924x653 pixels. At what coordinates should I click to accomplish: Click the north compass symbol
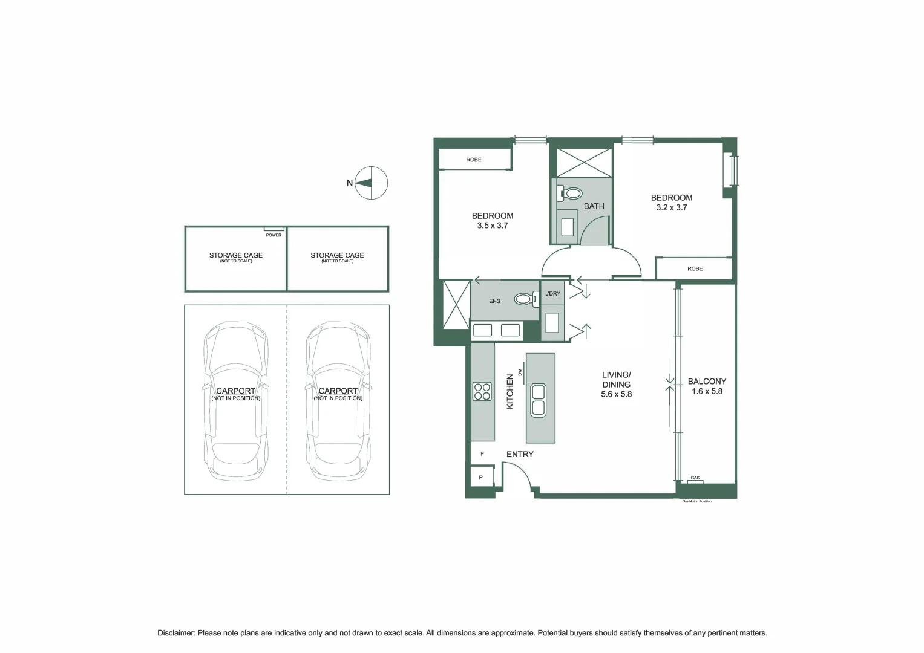coord(372,183)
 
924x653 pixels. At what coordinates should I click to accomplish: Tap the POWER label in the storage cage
coord(274,235)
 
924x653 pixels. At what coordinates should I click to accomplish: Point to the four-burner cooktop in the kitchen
coord(482,391)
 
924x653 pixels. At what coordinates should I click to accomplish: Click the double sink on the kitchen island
coord(539,400)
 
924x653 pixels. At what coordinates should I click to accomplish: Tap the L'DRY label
coord(552,293)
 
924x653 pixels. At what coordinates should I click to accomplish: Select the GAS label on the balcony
coord(695,478)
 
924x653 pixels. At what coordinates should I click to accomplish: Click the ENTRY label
coord(520,454)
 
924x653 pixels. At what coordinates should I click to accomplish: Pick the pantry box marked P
coord(482,478)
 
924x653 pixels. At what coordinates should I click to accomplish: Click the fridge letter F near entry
coord(482,454)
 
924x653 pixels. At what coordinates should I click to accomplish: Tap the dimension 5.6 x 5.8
coord(616,394)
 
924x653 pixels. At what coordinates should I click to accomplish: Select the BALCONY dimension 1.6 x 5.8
coord(707,391)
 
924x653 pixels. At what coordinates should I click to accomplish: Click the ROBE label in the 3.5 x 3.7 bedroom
coord(474,160)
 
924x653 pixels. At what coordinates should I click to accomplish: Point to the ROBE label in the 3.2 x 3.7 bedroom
coord(695,268)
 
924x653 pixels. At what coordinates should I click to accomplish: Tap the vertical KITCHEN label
coord(510,391)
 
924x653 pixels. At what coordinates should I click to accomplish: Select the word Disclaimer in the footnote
coord(176,633)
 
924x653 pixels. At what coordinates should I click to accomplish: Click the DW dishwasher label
coord(520,372)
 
